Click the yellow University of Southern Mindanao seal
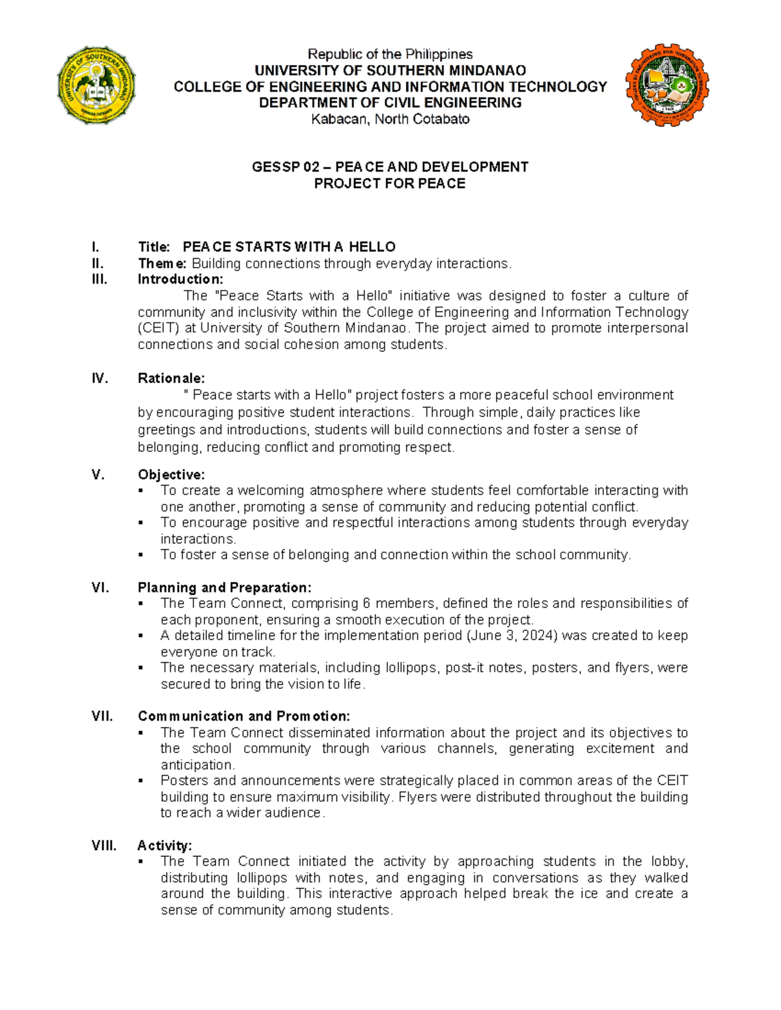click(96, 85)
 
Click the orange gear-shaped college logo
click(666, 85)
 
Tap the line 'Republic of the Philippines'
click(390, 54)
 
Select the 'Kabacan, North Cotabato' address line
click(390, 119)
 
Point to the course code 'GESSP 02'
click(285, 167)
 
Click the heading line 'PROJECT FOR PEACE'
click(390, 183)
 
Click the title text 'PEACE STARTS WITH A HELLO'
click(289, 247)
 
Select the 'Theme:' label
click(162, 263)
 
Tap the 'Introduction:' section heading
click(180, 280)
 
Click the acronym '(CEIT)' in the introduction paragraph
click(158, 328)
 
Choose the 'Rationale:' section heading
click(171, 379)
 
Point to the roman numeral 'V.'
click(98, 475)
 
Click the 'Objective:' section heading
click(171, 475)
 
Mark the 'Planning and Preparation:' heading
click(225, 587)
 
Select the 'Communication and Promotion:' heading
click(244, 716)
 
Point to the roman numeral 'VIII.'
click(104, 845)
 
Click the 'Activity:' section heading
click(165, 845)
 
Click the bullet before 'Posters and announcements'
click(141, 781)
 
